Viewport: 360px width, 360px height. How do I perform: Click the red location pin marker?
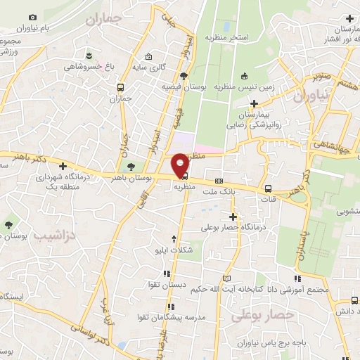(180, 165)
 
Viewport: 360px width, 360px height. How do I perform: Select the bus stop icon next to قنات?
(269, 188)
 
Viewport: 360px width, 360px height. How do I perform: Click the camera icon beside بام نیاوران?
(32, 16)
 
